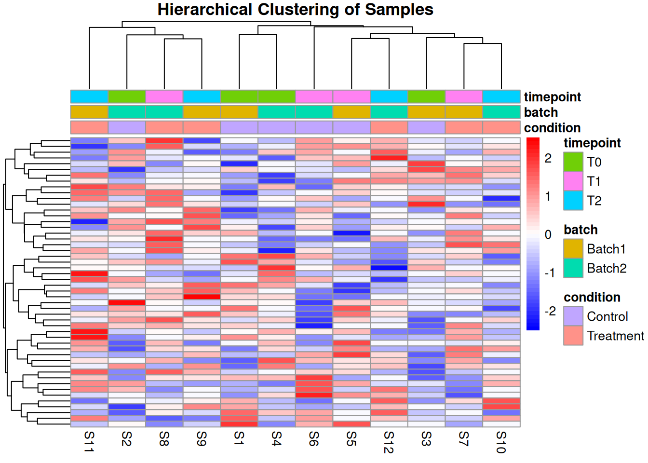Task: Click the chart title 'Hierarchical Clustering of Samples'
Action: [x=295, y=10]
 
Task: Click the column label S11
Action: [x=89, y=442]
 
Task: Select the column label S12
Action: [x=389, y=442]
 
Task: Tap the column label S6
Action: [x=314, y=439]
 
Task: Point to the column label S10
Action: [x=501, y=442]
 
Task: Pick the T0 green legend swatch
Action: [x=573, y=162]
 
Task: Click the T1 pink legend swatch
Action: [x=573, y=181]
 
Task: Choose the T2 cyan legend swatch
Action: [x=573, y=201]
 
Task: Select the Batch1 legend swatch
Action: [x=573, y=249]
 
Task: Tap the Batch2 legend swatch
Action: [x=573, y=268]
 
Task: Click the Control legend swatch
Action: [x=573, y=316]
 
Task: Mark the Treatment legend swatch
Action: [x=573, y=336]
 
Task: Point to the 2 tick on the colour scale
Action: [x=548, y=158]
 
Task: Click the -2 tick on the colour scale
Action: [x=550, y=311]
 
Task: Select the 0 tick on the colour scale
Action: [x=548, y=235]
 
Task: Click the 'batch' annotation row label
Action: [x=541, y=112]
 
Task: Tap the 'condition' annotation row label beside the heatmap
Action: [x=552, y=128]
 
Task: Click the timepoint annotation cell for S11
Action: [x=89, y=96]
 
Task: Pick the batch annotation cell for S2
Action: [x=127, y=112]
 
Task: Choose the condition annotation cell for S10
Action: [x=501, y=127]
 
